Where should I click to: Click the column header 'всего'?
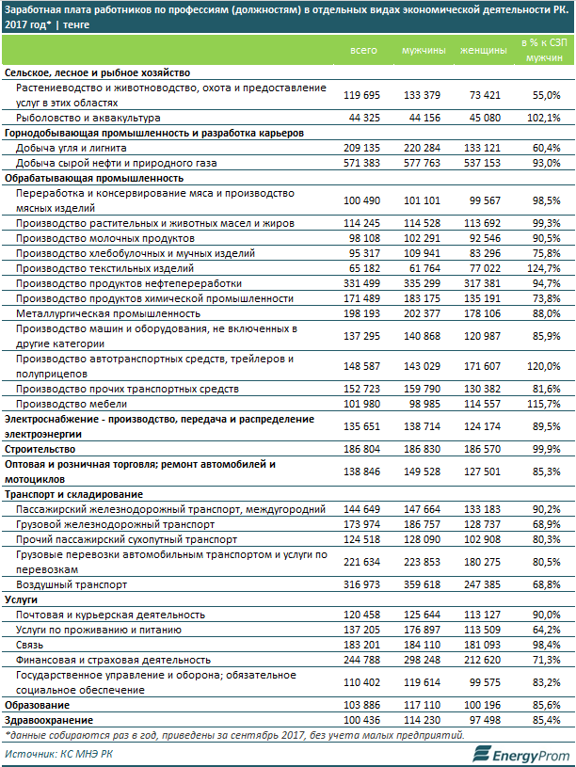point(363,49)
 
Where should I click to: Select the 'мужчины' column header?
point(424,49)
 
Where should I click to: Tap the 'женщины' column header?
point(483,49)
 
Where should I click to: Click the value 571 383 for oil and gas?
point(363,163)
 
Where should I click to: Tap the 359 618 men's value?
point(424,583)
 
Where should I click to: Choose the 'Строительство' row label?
point(42,451)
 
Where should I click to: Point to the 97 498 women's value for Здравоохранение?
point(483,719)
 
